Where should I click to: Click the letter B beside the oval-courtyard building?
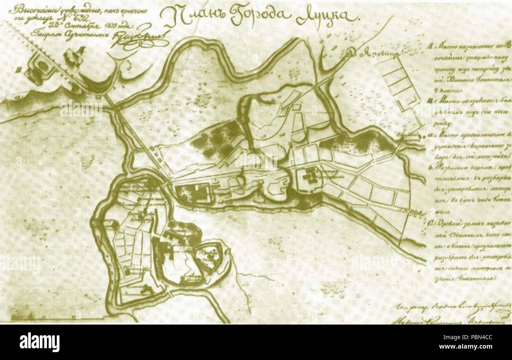pos(18,71)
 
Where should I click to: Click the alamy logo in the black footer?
pos(39,342)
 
